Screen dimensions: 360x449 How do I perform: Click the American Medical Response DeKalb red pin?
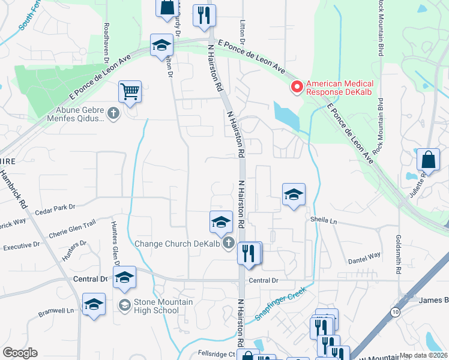click(297, 88)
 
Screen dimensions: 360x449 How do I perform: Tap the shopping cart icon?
click(130, 92)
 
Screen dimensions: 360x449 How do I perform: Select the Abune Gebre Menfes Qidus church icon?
click(113, 113)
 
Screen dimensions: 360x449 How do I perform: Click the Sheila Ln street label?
click(325, 220)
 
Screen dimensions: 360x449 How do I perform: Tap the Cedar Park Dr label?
click(55, 208)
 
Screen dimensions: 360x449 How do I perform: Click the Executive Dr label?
click(21, 245)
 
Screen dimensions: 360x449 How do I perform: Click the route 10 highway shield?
click(394, 312)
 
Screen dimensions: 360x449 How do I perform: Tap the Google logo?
click(20, 353)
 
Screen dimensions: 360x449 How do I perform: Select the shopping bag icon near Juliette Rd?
click(428, 160)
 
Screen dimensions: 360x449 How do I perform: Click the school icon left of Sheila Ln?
click(294, 194)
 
